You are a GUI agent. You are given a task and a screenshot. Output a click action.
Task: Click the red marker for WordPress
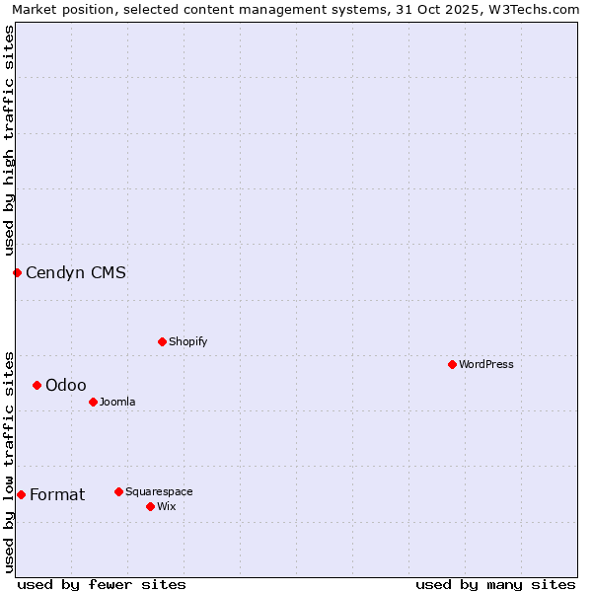452,364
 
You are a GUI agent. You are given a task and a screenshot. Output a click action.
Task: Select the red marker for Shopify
162,341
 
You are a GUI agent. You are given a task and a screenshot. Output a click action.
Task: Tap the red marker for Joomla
93,402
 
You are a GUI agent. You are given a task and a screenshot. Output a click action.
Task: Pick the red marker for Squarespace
118,491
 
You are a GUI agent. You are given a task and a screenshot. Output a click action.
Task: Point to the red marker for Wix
150,506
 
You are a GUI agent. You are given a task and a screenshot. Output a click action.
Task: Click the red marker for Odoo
37,385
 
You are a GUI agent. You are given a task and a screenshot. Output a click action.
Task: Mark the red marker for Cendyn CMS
17,272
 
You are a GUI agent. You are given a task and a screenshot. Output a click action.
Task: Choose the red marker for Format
21,494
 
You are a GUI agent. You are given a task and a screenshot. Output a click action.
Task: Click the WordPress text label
486,364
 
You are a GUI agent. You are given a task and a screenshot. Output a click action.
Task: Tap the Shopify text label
187,341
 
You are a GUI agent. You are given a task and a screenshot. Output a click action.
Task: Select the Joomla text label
117,402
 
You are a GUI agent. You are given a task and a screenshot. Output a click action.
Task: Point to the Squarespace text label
159,491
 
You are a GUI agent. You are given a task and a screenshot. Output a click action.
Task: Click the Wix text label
166,506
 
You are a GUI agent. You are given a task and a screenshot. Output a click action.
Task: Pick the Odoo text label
66,385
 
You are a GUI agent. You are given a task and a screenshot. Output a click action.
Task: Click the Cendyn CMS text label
76,273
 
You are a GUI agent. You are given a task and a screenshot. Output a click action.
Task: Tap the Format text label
57,494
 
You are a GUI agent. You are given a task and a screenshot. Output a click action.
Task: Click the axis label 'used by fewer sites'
102,584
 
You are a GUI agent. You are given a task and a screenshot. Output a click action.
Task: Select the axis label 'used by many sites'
495,584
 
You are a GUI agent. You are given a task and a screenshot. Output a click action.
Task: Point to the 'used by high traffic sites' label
10,141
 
